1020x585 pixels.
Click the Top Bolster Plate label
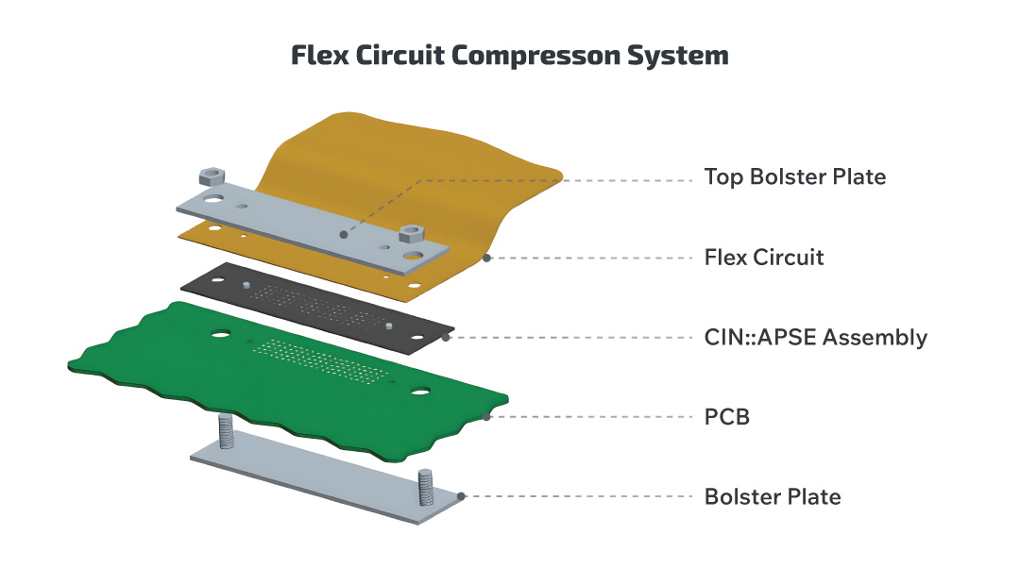795,176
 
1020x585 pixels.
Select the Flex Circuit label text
764,257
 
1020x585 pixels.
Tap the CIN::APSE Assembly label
816,337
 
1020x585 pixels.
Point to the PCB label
727,416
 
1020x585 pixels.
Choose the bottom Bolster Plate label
773,496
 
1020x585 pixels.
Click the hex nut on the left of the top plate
209,175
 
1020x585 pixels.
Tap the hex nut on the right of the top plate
412,233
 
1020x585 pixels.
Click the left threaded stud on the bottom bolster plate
226,431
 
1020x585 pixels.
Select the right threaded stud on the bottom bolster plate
425,487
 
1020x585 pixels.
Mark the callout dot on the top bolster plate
344,233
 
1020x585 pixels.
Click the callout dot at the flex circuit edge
487,257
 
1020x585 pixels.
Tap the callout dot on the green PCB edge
487,416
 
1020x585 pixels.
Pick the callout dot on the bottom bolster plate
461,496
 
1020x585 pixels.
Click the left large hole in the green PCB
221,333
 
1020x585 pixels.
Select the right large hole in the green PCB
419,391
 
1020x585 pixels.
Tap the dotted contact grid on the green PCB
321,362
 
